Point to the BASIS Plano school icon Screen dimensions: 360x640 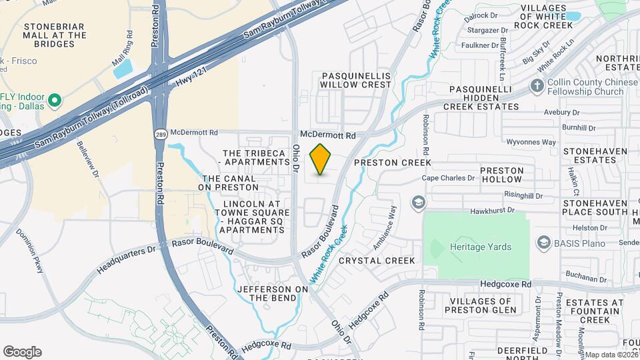tap(543, 241)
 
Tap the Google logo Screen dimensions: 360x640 tap(22, 351)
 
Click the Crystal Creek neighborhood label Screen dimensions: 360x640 tap(377, 261)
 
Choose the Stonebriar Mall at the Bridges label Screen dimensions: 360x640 tap(55, 35)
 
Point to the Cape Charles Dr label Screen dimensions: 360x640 tap(449, 178)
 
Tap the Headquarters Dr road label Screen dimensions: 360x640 tap(126, 258)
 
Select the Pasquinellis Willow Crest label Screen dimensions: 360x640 tap(355, 80)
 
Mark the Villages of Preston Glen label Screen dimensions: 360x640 tap(479, 305)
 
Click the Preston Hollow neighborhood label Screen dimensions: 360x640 tap(502, 175)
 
